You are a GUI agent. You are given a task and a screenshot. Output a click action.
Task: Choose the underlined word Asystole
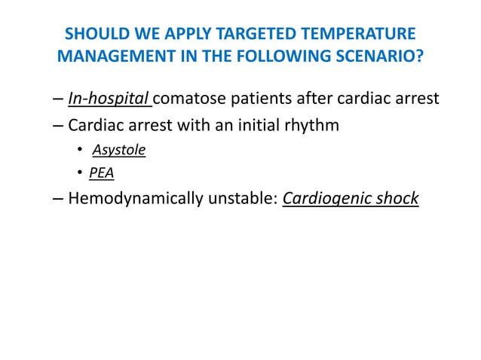click(x=119, y=150)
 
